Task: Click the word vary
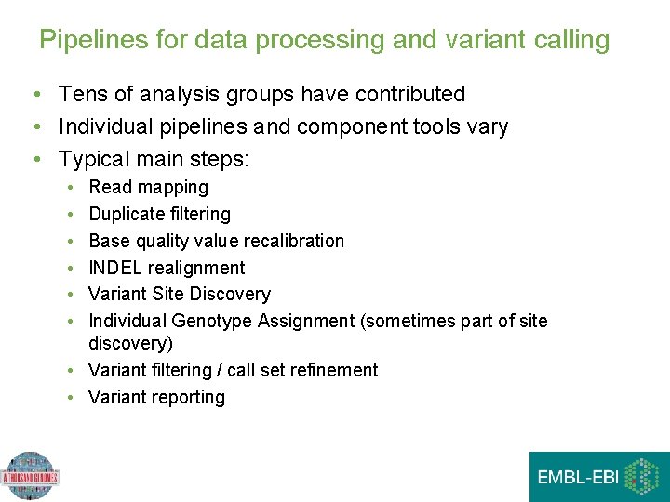(488, 126)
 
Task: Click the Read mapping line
(148, 187)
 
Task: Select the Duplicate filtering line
(159, 214)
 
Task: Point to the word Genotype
(212, 321)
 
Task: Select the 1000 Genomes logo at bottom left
(31, 476)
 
